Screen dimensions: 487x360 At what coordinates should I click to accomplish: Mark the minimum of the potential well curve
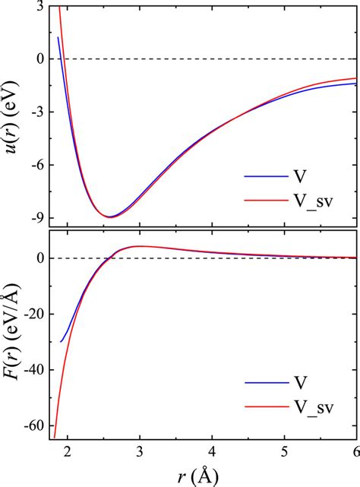coord(110,217)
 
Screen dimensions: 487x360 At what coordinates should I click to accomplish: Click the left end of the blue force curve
coord(61,342)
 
